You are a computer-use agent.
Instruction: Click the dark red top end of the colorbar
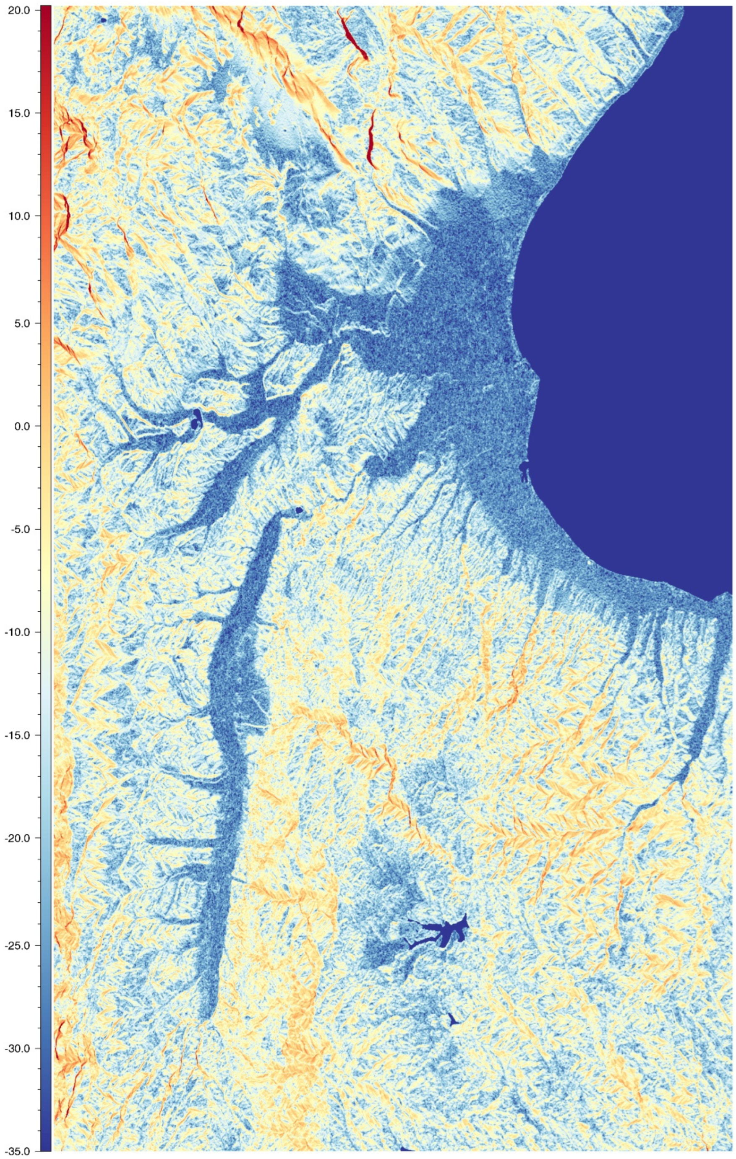click(x=46, y=10)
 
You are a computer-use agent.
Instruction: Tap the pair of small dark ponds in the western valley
click(x=196, y=420)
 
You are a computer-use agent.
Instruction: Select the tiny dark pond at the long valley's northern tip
click(x=300, y=510)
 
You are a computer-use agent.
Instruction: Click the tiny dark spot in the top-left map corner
click(x=103, y=20)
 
